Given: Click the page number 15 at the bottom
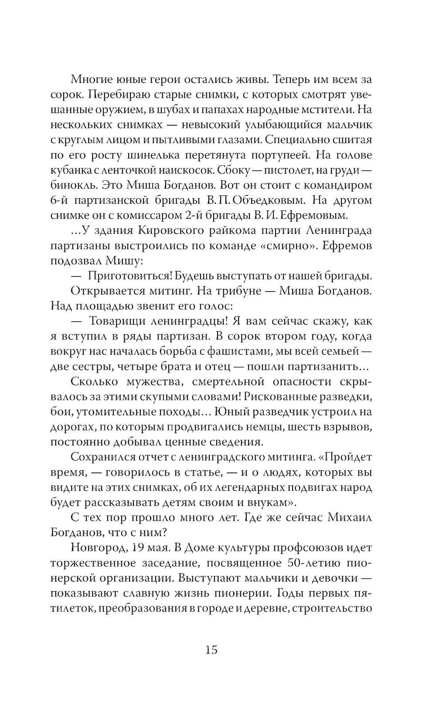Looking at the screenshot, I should coord(211,650).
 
